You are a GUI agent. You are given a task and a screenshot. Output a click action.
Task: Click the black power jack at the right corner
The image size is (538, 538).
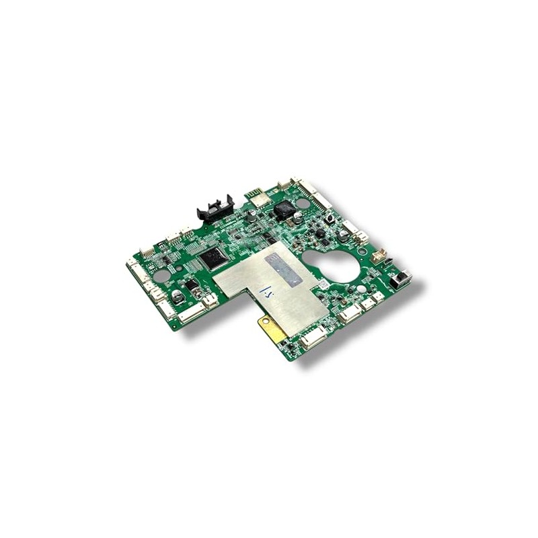click(x=401, y=277)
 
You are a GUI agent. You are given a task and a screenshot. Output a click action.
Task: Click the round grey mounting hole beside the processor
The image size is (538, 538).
click(x=161, y=276)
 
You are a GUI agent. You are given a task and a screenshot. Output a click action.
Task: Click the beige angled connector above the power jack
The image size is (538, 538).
click(x=381, y=257)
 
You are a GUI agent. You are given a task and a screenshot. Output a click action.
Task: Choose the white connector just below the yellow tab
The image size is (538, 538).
click(x=311, y=340)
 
